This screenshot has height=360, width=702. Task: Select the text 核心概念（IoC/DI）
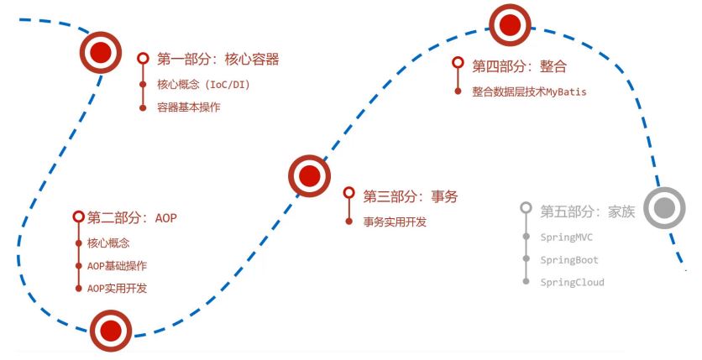pyautogui.click(x=205, y=85)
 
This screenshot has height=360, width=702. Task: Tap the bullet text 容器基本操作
pyautogui.click(x=189, y=107)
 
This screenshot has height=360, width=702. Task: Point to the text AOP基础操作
pyautogui.click(x=117, y=266)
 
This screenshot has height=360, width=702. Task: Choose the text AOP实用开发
pyautogui.click(x=117, y=288)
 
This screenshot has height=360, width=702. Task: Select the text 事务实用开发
pyautogui.click(x=395, y=222)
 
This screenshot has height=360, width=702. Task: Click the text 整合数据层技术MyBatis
pyautogui.click(x=529, y=91)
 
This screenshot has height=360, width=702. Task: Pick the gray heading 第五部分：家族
pyautogui.click(x=587, y=211)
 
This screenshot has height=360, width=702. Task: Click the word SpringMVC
pyautogui.click(x=568, y=237)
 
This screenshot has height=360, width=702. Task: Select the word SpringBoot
pyautogui.click(x=569, y=260)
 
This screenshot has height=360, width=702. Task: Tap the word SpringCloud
pyautogui.click(x=572, y=282)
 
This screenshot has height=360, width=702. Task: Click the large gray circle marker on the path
pyautogui.click(x=665, y=209)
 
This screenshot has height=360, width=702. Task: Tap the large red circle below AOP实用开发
pyautogui.click(x=111, y=331)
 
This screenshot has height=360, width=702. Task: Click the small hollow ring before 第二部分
pyautogui.click(x=78, y=217)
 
